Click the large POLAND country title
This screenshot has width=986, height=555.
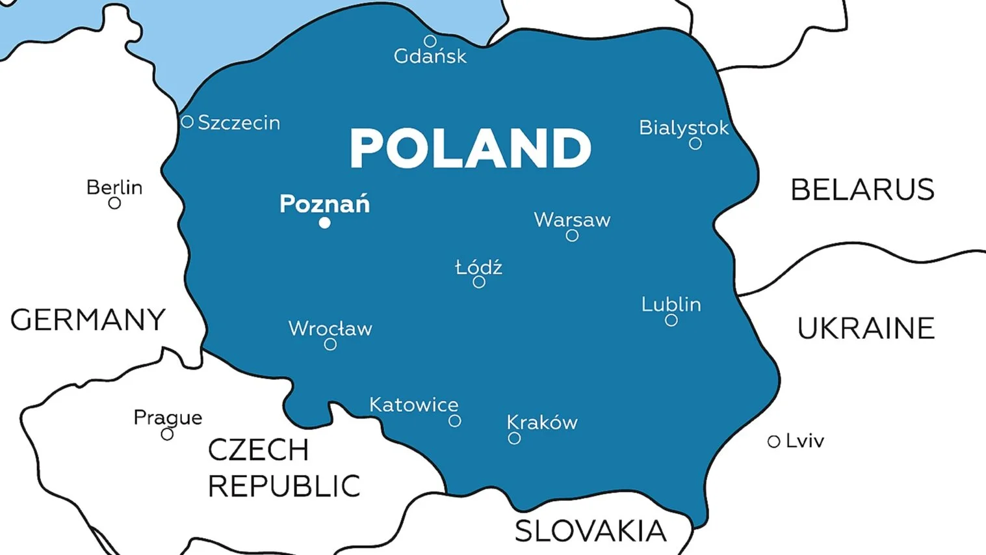pos(471,148)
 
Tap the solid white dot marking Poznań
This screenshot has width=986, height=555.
pos(325,223)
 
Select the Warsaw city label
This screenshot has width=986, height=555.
pos(572,220)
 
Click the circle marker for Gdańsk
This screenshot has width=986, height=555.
pos(430,42)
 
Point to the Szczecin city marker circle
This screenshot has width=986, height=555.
pos(187,122)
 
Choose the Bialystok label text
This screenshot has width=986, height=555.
pos(683,128)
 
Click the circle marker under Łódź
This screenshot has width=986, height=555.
pos(479,282)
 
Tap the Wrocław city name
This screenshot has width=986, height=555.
pos(330,329)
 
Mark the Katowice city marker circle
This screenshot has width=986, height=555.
pos(455,421)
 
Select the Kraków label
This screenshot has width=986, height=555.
pos(542,422)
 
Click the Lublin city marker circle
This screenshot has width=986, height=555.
pos(671,320)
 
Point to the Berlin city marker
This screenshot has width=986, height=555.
pos(114,203)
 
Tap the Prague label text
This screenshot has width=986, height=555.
pos(168,417)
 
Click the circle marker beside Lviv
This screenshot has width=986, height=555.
pos(773,442)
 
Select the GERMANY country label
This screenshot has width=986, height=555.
pos(88,320)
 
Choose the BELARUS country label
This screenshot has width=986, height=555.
pos(862,190)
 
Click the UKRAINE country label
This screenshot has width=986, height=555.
pos(866,329)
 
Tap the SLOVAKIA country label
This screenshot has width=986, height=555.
pos(590,532)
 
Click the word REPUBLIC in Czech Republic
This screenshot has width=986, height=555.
pos(284,486)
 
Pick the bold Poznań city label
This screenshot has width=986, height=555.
pos(324,204)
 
